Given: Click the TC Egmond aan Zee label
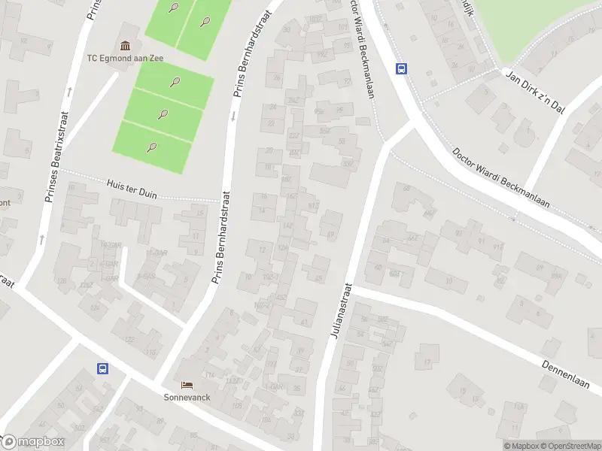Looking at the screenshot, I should click(125, 58).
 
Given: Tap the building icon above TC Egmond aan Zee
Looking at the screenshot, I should click(124, 45).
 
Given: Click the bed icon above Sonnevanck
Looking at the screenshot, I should click(185, 383).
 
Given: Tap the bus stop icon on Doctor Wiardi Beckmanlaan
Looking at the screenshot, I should click(402, 68).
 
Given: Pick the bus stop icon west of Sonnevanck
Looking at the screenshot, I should click(102, 368).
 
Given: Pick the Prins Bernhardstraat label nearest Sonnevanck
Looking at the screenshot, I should click(220, 241).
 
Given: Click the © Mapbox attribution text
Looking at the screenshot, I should click(521, 446).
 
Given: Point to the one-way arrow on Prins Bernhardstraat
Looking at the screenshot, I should click(233, 115).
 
